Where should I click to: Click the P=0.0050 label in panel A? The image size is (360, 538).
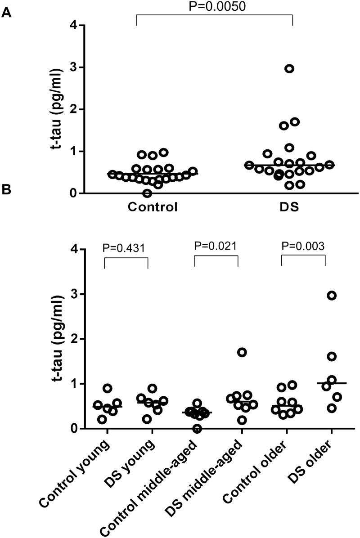214,6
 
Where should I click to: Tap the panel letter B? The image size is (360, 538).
6,190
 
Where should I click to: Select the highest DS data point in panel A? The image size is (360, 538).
289,68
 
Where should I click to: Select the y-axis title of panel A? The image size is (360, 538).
58,109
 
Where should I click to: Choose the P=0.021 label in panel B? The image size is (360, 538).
215,247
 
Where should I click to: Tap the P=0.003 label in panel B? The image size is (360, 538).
303,247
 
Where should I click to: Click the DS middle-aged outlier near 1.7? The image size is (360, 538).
242,352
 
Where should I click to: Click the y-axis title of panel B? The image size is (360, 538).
58,338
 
